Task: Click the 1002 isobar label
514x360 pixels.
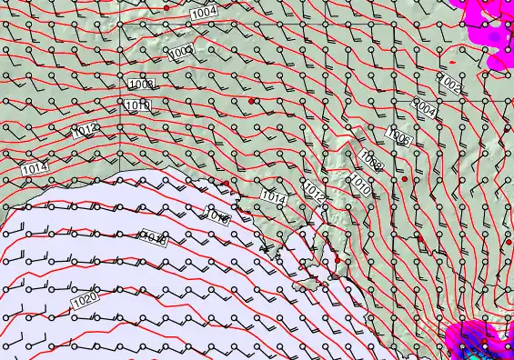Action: pyautogui.click(x=450, y=84)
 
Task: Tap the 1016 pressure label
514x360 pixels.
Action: pyautogui.click(x=218, y=216)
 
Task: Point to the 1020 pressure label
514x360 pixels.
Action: pyautogui.click(x=84, y=298)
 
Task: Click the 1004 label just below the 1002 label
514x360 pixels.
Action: pyautogui.click(x=425, y=107)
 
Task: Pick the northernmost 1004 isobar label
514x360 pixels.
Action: pyautogui.click(x=205, y=12)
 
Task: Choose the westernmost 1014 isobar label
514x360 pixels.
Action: pyautogui.click(x=34, y=169)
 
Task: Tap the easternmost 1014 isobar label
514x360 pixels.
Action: pyautogui.click(x=273, y=195)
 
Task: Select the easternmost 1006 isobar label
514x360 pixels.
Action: pyautogui.click(x=398, y=136)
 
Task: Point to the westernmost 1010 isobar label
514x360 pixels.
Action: pyautogui.click(x=137, y=106)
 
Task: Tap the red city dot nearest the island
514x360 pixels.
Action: pyautogui.click(x=337, y=261)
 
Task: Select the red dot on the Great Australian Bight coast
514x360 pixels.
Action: pyautogui.click(x=225, y=184)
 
